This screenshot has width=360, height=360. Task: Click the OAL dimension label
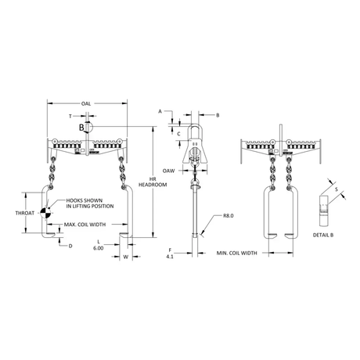[x=86, y=104]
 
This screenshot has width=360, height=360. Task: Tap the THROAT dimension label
[x=25, y=213]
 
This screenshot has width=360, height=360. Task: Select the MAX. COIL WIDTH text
[x=85, y=225]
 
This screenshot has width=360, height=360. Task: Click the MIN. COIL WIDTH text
[x=236, y=253]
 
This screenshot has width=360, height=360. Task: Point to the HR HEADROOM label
[x=153, y=182]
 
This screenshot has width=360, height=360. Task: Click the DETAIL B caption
[x=323, y=235]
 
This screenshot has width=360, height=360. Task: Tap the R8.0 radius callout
[x=229, y=216]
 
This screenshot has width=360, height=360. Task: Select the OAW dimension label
[x=168, y=171]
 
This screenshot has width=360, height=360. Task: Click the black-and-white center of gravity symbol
[x=45, y=213]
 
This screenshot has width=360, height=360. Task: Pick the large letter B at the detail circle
[x=81, y=128]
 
